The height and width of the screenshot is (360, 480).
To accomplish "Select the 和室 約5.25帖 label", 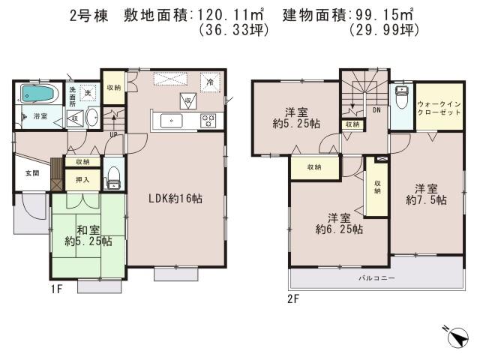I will point(88,235).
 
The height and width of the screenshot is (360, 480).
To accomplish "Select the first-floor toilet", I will point(114,176).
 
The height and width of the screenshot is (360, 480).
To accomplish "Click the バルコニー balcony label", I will point(376,277).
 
